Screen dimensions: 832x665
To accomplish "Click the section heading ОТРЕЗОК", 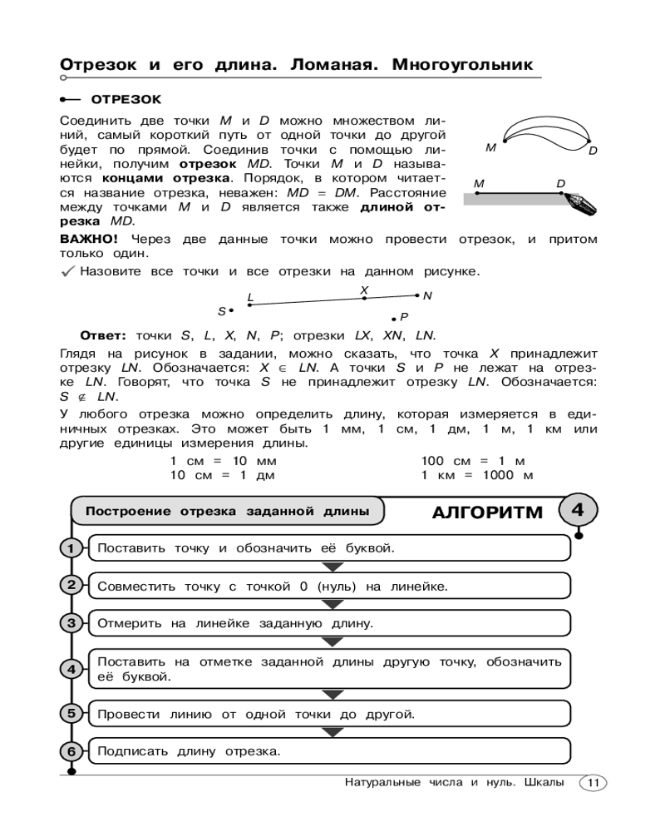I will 126,99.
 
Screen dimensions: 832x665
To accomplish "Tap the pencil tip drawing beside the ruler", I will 579,203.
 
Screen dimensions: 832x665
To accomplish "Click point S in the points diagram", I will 231,310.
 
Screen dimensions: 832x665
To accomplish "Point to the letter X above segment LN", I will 364,290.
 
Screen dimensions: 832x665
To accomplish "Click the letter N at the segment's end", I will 427,295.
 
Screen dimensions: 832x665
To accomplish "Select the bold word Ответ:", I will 102,336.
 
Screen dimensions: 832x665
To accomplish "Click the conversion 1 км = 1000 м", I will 476,475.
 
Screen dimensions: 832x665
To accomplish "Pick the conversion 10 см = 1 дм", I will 222,475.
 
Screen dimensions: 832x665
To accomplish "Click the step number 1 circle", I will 71,548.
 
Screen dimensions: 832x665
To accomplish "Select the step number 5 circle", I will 71,714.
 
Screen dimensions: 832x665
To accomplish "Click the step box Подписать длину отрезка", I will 328,751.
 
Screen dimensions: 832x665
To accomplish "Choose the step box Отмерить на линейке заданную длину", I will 328,622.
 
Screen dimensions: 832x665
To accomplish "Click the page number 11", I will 594,783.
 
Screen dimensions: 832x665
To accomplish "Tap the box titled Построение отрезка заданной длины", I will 227,512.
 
